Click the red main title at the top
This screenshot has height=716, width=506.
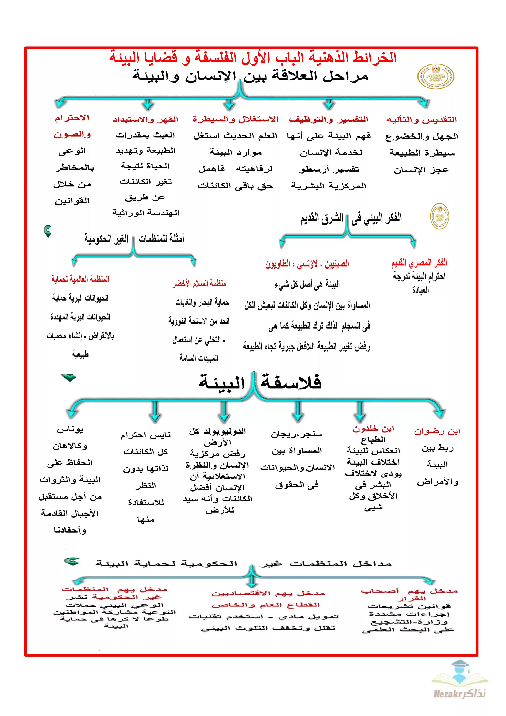point(253,57)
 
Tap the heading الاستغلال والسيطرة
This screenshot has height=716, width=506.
point(235,119)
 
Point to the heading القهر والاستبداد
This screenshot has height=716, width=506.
point(145,119)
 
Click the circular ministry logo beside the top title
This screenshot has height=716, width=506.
point(436,77)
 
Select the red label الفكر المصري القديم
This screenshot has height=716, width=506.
point(419,263)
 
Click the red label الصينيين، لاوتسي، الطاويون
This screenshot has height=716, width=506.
point(307,264)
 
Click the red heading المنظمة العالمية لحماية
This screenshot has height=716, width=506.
point(80,279)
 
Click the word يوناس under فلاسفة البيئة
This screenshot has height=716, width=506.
point(70,430)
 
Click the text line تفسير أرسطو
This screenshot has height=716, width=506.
point(329,169)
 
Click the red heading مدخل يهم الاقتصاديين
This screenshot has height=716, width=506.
point(268,594)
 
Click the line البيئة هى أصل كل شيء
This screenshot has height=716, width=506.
point(307,284)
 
